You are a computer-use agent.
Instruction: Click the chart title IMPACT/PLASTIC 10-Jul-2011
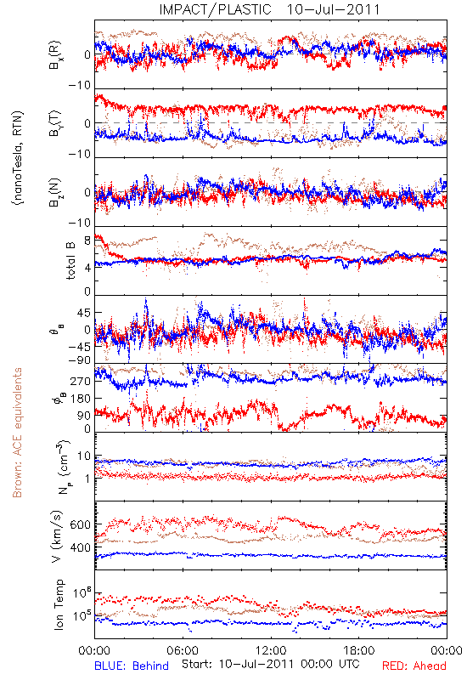[269, 9]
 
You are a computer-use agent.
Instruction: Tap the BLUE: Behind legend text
[132, 666]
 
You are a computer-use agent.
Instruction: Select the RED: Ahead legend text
[414, 666]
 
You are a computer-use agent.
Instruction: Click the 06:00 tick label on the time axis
[183, 650]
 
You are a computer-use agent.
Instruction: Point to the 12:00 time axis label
[271, 650]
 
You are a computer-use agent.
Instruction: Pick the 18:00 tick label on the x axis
[359, 650]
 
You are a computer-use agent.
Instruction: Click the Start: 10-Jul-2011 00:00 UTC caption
[271, 664]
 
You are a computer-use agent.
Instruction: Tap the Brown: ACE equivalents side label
[17, 433]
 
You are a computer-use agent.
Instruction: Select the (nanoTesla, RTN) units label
[18, 158]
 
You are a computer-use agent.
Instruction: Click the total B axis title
[70, 261]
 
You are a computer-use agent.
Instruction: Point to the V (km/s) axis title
[57, 536]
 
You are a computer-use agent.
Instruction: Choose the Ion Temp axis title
[59, 604]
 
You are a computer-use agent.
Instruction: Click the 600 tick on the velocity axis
[80, 524]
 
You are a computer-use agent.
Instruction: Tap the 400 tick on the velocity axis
[80, 547]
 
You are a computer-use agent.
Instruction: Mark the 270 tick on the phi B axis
[81, 381]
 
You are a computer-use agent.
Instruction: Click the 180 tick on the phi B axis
[81, 399]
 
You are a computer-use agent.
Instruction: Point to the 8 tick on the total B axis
[87, 241]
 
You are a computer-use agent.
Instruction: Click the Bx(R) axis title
[55, 54]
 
